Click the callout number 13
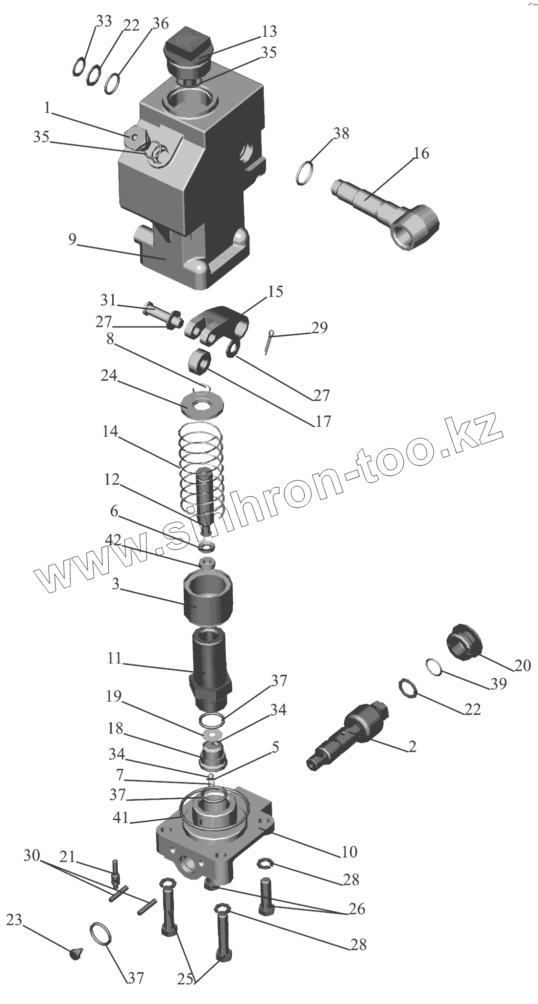tap(269, 32)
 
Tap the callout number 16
tap(421, 153)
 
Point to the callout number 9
tap(72, 240)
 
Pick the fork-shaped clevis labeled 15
tap(218, 321)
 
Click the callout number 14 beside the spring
tap(111, 432)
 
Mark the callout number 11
tap(115, 659)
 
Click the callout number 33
tap(103, 21)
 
